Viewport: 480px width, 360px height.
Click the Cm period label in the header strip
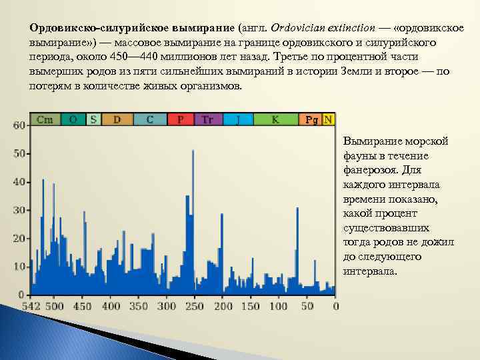pyautogui.click(x=45, y=119)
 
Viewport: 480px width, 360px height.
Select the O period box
pyautogui.click(x=73, y=119)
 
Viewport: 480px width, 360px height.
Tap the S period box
pyautogui.click(x=93, y=119)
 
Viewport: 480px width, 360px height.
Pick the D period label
pyautogui.click(x=117, y=119)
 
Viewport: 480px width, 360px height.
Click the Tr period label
pyautogui.click(x=207, y=119)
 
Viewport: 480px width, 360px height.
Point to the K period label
pyautogui.click(x=275, y=119)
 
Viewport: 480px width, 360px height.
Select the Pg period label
pyautogui.click(x=311, y=120)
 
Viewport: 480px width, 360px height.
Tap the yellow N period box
pyautogui.click(x=328, y=119)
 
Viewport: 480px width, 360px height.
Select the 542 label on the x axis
pyautogui.click(x=31, y=306)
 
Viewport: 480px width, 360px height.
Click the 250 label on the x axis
pyautogui.click(x=195, y=306)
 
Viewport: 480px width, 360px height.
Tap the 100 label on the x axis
pyautogui.click(x=279, y=306)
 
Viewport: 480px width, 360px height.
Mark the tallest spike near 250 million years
pyautogui.click(x=193, y=152)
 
